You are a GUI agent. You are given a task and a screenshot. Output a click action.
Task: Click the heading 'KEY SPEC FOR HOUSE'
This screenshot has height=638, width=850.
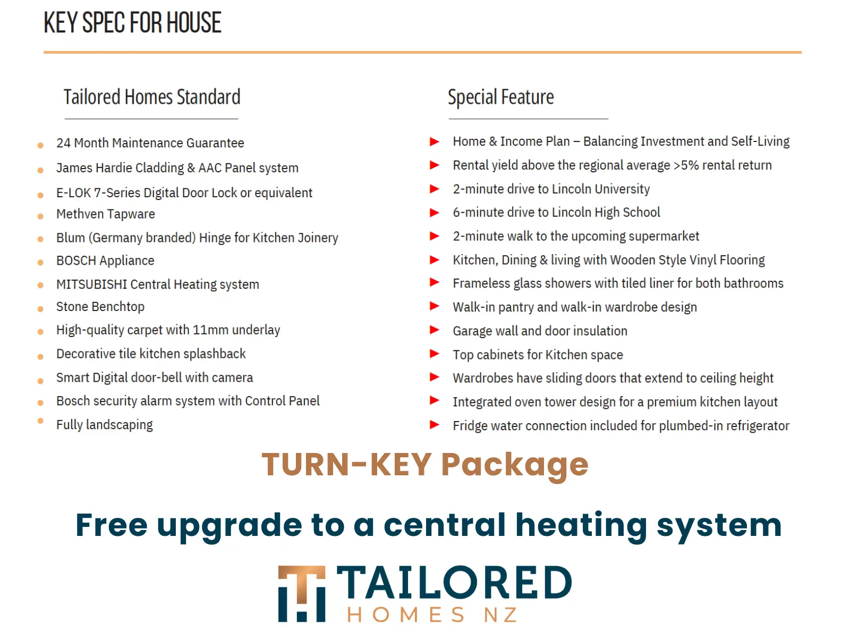(132, 22)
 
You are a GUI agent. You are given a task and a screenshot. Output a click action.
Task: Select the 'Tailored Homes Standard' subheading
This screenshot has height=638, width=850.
(152, 97)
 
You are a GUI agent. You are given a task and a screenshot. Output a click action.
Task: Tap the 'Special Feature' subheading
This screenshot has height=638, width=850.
(501, 97)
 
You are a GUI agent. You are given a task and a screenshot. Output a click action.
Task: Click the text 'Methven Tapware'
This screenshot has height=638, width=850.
(105, 214)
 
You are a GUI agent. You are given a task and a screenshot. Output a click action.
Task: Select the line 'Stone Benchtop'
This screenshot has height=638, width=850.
(100, 307)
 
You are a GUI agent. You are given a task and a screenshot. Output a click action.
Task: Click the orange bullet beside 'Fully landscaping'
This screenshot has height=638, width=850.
(40, 421)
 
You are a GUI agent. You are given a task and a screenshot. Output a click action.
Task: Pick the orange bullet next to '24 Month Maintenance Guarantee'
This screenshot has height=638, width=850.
(40, 145)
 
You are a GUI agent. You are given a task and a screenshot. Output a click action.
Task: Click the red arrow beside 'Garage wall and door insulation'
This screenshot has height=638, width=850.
(435, 330)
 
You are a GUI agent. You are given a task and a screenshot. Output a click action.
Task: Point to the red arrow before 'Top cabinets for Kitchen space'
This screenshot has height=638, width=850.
(435, 354)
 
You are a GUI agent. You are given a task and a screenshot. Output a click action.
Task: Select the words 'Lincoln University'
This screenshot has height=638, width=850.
(601, 189)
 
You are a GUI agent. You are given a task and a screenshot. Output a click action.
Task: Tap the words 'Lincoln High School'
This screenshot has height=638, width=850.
(606, 212)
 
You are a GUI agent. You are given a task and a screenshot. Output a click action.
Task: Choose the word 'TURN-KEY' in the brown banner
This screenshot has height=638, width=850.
(346, 464)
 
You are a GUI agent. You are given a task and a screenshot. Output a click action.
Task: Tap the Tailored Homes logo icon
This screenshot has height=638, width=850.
(302, 593)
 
